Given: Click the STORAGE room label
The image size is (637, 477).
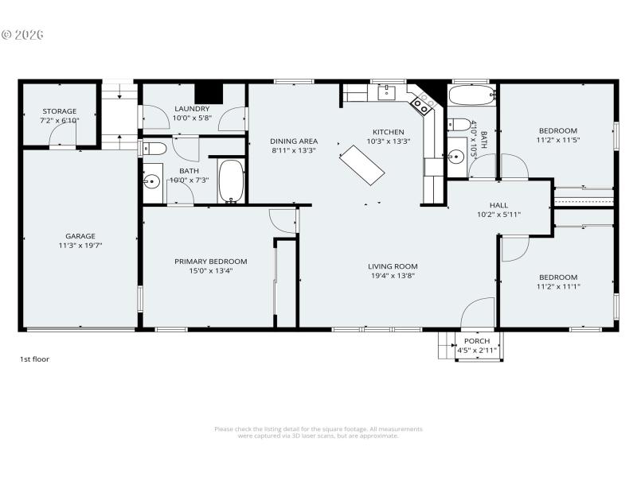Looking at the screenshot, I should point(60,111).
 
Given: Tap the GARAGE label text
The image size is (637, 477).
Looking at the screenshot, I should point(80,236).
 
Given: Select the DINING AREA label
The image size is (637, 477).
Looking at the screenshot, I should point(294,142).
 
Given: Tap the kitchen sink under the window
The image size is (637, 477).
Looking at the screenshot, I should point(386,93).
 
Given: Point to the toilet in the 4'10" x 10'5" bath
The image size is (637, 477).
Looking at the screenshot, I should point(457,125).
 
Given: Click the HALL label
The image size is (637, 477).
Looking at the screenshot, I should point(498,205).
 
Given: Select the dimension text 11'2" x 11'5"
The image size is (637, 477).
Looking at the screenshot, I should point(557,140).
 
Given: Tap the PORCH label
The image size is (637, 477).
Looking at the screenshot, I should point(477,341).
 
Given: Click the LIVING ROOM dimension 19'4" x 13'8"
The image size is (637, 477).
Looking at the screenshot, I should point(392,276).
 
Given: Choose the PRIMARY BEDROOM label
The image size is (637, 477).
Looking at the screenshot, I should point(211,262).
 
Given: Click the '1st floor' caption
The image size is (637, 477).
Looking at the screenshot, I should point(34,359).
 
